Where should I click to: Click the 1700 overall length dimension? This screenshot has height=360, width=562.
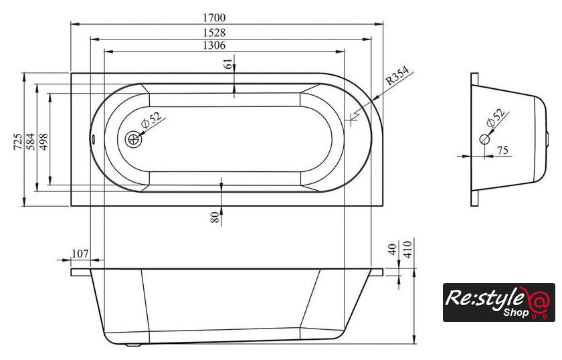point(214,17)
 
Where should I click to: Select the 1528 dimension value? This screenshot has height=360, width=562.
point(214,32)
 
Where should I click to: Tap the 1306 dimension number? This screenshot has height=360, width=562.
point(214,46)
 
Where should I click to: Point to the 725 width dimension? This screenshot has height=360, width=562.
point(18,141)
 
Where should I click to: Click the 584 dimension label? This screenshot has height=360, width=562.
point(31,141)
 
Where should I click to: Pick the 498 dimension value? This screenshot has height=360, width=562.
point(43,141)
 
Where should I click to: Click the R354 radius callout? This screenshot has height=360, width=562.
point(397,76)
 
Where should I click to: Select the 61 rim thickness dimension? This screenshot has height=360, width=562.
point(228,64)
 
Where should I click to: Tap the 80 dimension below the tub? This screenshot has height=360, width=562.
point(215,217)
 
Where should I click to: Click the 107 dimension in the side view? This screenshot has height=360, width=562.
point(80,254)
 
